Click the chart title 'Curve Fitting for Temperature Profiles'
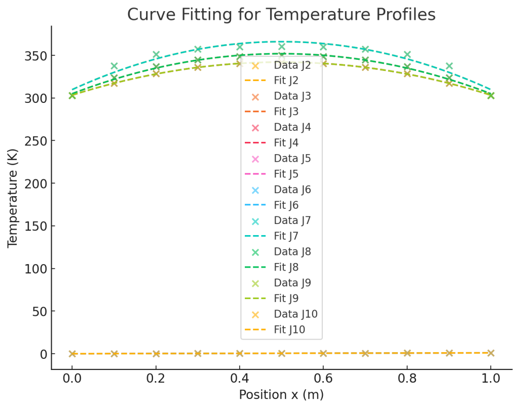pos(281,15)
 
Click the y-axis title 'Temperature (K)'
pos(13,198)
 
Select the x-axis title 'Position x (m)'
pos(281,395)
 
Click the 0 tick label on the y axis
pos(42,354)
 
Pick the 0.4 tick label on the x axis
pos(239,378)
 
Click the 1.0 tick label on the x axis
pos(491,378)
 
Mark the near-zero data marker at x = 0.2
pos(156,353)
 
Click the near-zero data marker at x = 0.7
pos(365,353)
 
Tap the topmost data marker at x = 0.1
pos(114,66)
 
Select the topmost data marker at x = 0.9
pos(449,66)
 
